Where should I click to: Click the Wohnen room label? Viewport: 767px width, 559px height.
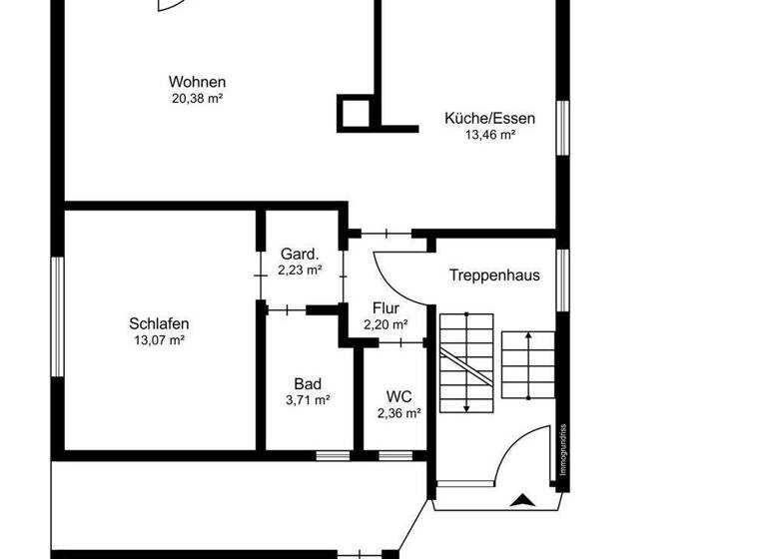[x=197, y=82]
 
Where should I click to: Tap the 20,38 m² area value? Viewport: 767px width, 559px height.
[x=197, y=98]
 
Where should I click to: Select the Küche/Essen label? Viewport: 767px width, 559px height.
[x=489, y=118]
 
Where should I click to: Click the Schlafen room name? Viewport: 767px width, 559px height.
[x=159, y=323]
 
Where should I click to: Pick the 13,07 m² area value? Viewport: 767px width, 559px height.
[x=159, y=339]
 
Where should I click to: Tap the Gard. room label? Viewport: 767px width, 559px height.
[x=300, y=254]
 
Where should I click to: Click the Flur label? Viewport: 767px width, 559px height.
[x=385, y=308]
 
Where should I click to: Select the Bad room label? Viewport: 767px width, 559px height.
[x=308, y=383]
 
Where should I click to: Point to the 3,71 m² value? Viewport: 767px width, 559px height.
[x=308, y=399]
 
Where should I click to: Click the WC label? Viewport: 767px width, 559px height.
[x=398, y=395]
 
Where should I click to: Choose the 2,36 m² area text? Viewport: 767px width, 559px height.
[x=398, y=411]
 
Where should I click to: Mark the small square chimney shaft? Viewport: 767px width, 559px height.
[x=356, y=113]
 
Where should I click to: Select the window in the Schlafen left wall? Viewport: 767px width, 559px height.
[x=58, y=317]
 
